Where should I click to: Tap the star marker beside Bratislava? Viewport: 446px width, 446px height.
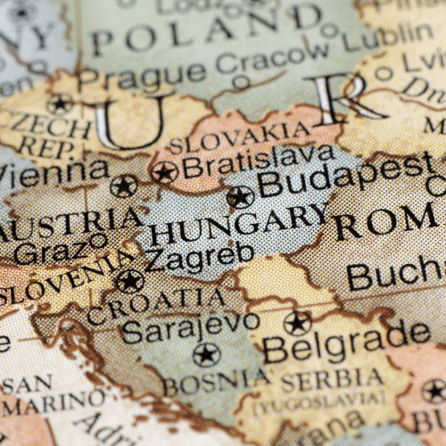coord(163,172)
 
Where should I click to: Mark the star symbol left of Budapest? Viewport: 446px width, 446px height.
coord(240,197)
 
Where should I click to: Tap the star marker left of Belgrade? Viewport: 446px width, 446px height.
coord(297,323)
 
